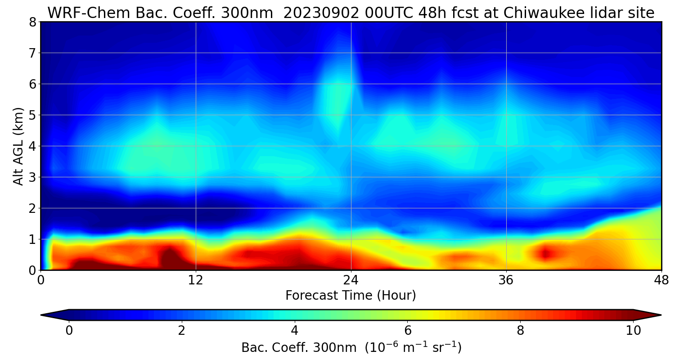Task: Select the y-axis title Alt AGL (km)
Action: point(18,146)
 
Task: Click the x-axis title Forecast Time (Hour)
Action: point(351,296)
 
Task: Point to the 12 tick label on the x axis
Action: point(196,279)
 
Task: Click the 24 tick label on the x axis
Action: point(351,279)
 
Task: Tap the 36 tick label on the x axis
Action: point(506,279)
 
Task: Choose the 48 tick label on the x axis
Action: point(661,279)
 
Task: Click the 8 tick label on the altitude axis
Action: point(32,22)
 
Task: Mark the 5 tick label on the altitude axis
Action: point(32,115)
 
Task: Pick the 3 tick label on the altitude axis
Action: point(32,177)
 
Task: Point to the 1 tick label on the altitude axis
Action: point(32,239)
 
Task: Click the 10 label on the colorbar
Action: point(633,331)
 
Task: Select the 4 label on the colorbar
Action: point(295,331)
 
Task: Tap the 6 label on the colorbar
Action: point(408,331)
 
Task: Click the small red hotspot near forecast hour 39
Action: point(545,253)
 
